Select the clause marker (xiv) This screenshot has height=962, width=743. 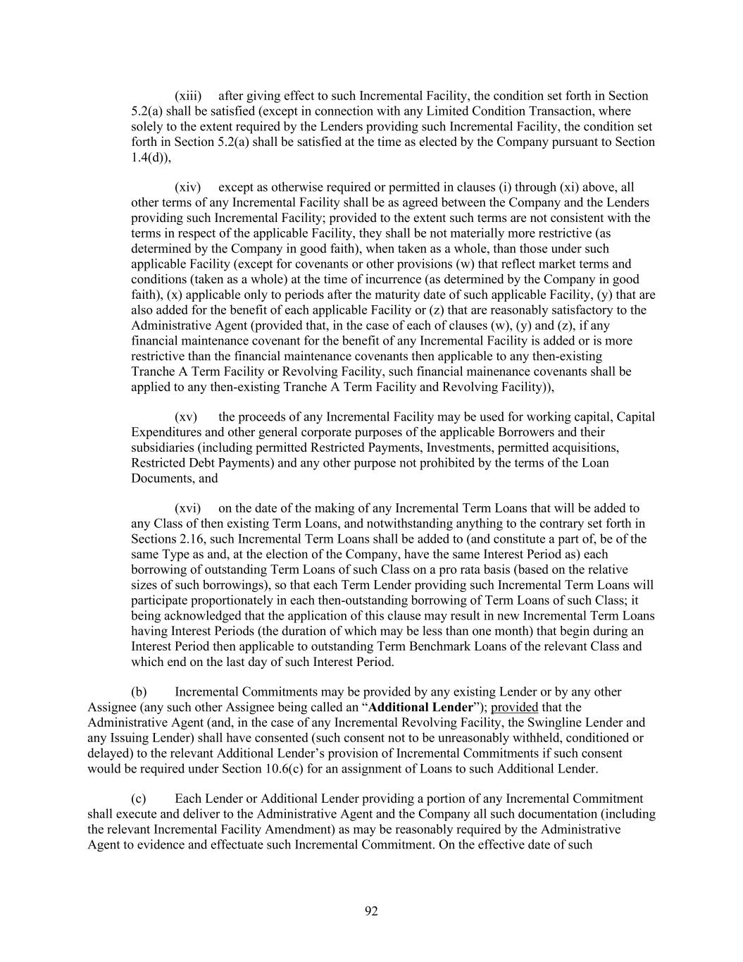(188, 187)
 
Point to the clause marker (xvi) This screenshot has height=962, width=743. (188, 509)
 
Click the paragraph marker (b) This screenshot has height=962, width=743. (139, 693)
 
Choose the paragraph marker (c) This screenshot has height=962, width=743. (139, 799)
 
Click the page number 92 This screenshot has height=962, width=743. (371, 912)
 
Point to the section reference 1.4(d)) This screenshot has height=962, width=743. (151, 157)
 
